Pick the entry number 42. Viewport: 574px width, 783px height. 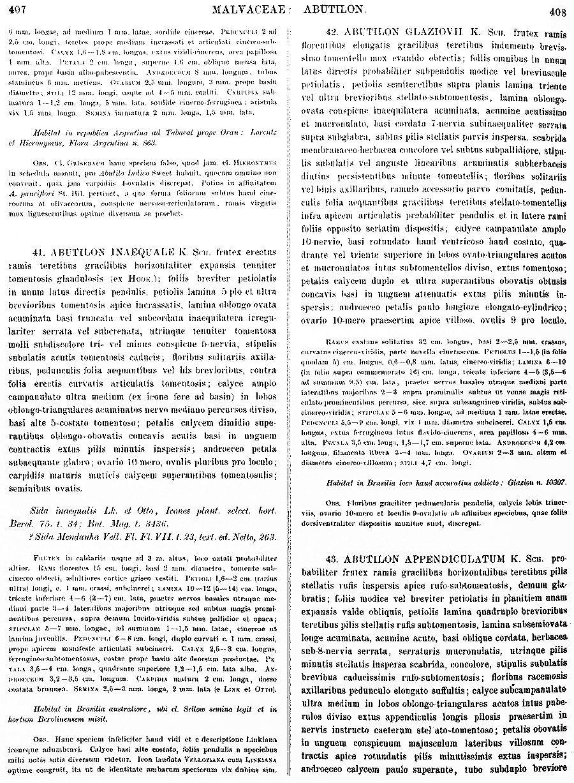pyautogui.click(x=332, y=31)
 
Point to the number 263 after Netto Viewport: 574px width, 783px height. pyautogui.click(x=268, y=536)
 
